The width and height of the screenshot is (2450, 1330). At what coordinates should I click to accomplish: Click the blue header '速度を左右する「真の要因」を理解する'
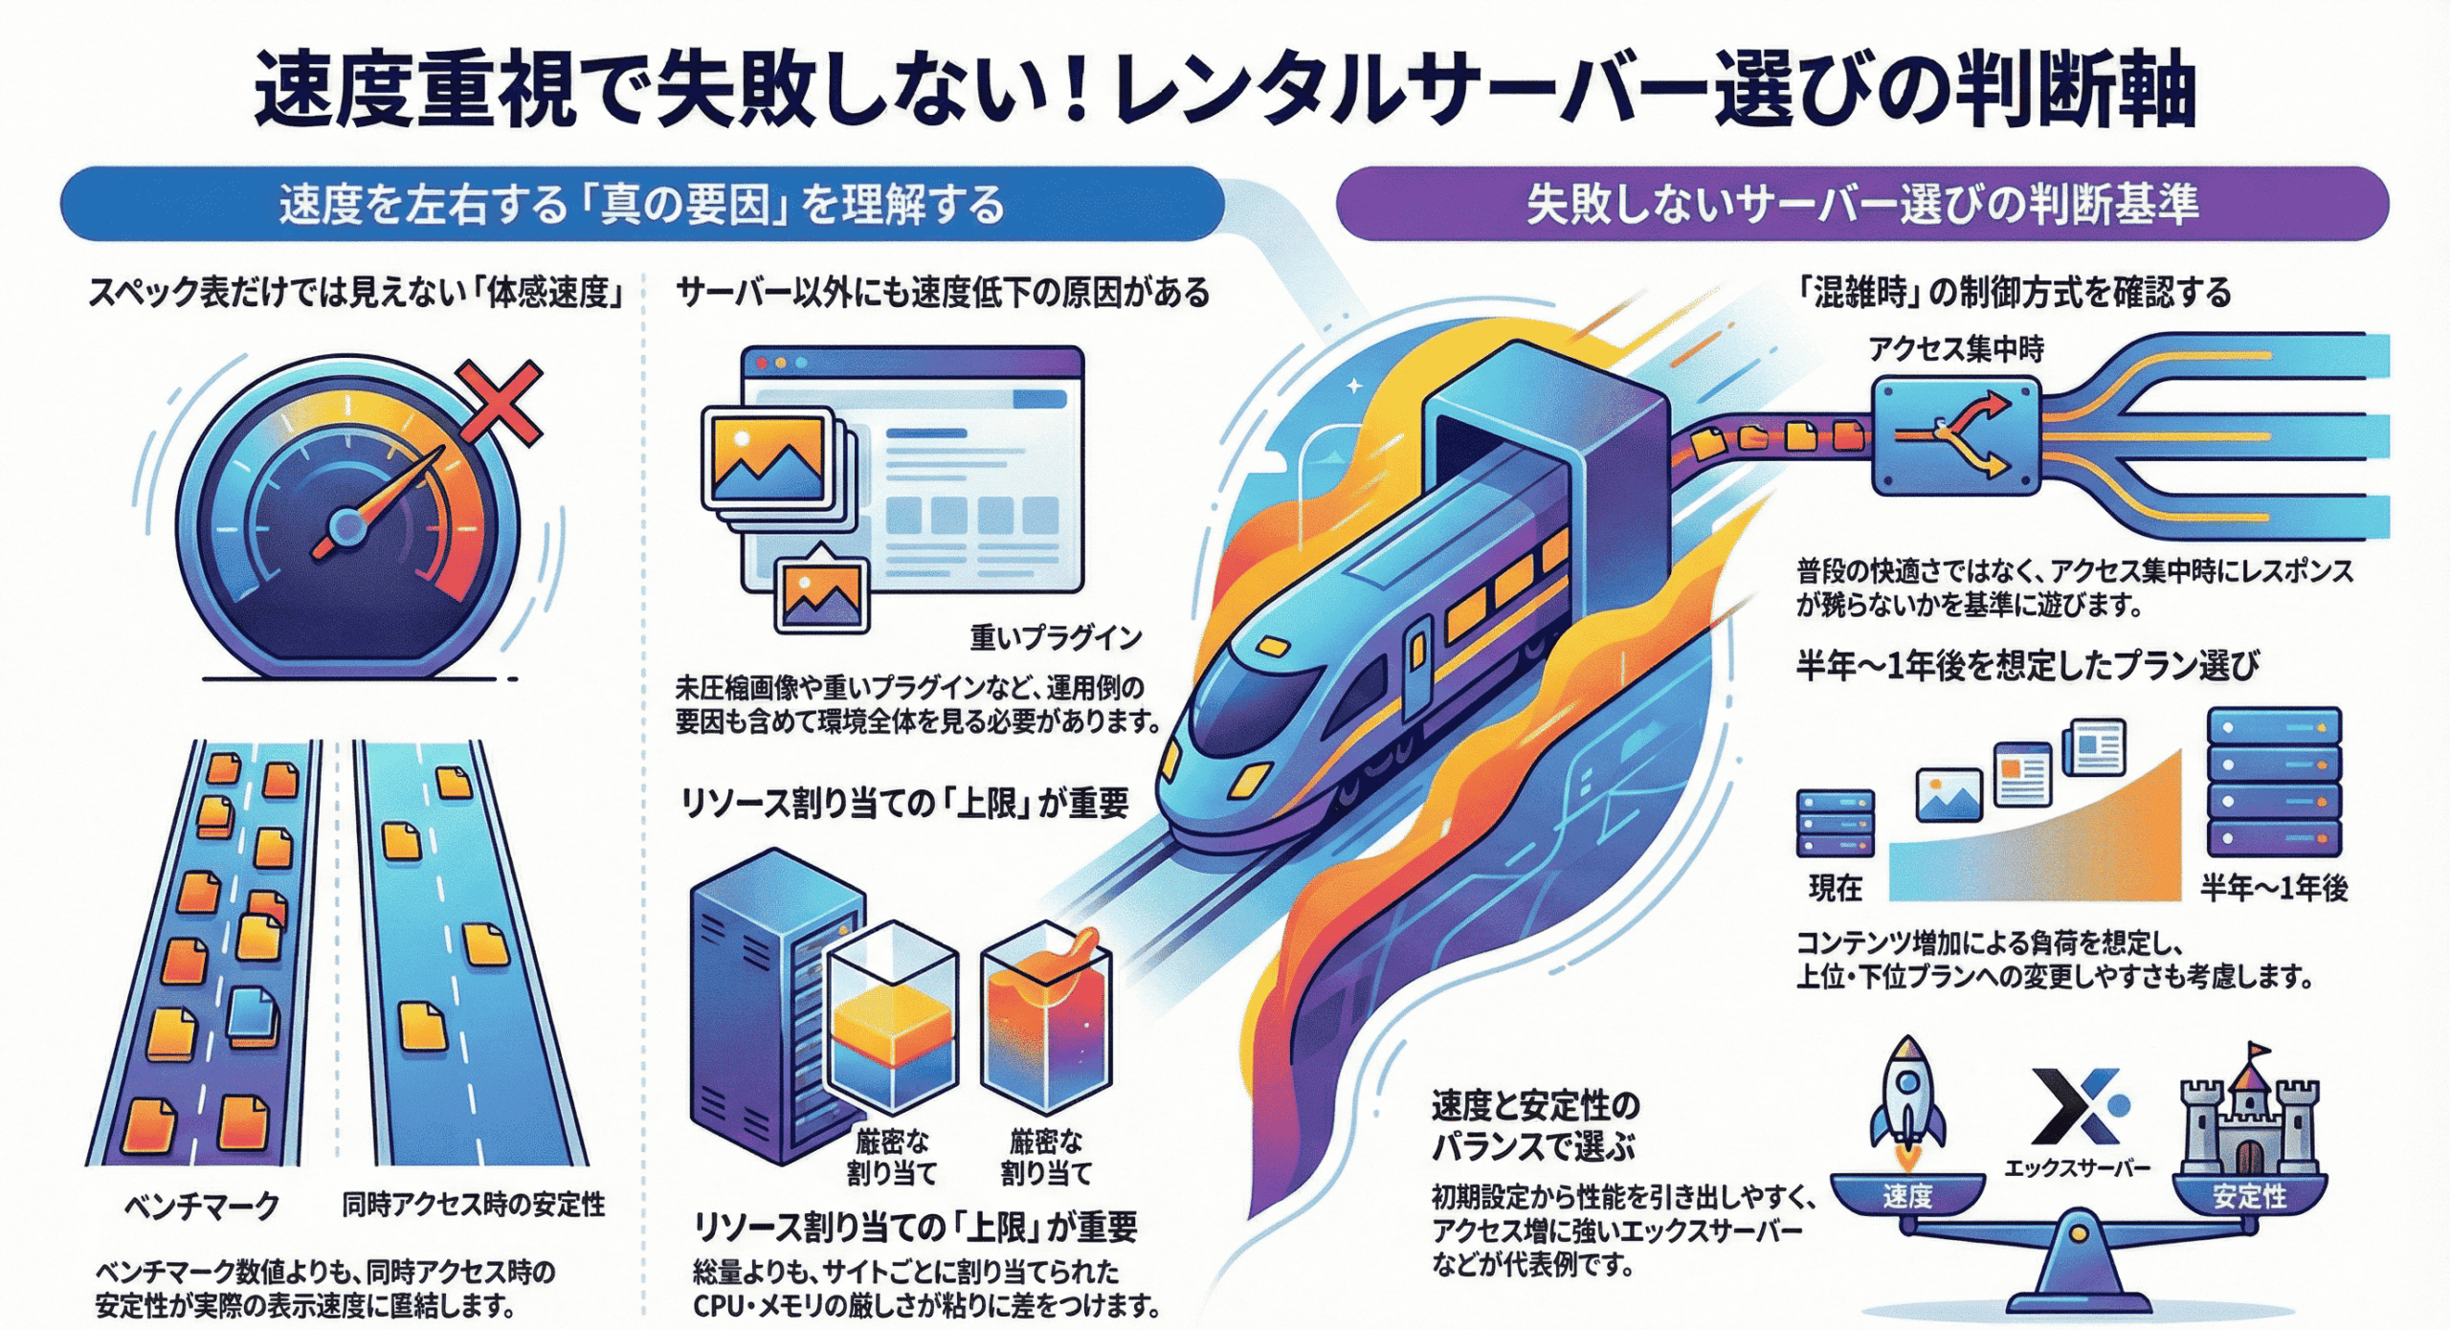coord(641,205)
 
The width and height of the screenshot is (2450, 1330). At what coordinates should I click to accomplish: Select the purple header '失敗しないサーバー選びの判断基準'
coord(1861,205)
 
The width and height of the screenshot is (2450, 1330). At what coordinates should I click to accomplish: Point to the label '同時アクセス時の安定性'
coord(474,1204)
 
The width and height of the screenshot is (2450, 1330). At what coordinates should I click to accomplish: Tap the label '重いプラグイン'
coord(1056,637)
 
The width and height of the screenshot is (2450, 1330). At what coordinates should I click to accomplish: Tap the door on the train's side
coord(1416,670)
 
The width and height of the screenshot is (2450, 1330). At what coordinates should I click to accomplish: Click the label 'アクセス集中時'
coord(1956,349)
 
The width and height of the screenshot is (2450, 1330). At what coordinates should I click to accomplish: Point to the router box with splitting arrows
coord(1955,436)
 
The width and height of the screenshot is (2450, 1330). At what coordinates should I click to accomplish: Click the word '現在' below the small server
coord(1835,889)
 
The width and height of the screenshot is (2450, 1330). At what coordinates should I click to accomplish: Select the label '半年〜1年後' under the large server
coord(2273,889)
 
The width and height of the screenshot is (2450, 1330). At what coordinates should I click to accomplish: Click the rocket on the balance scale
coord(1906,1100)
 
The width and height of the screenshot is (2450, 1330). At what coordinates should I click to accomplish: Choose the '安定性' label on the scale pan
coord(2249,1196)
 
